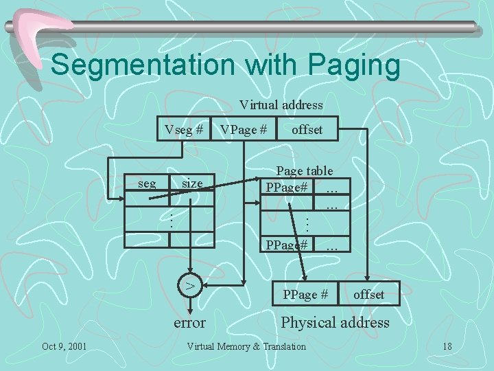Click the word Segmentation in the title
(138, 66)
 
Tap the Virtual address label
(281, 105)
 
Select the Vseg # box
(184, 128)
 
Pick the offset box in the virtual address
(307, 128)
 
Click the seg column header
(147, 183)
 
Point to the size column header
(192, 183)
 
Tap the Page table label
(304, 171)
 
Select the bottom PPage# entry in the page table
(287, 244)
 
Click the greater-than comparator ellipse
(191, 284)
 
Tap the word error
(190, 322)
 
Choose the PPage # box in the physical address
(305, 295)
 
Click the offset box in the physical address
(368, 295)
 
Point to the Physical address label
(335, 322)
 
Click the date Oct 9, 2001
(64, 346)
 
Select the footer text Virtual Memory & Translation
(246, 346)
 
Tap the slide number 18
(447, 346)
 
